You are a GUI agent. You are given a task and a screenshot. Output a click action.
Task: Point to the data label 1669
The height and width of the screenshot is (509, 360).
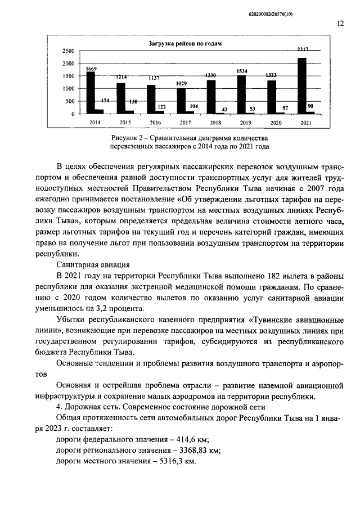91,69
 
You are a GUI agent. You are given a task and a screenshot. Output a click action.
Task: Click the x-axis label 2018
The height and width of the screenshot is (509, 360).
215,122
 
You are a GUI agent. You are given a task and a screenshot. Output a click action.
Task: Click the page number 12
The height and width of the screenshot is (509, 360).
340,24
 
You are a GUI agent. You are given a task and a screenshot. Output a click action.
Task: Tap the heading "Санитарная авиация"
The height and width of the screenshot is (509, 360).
94,264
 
